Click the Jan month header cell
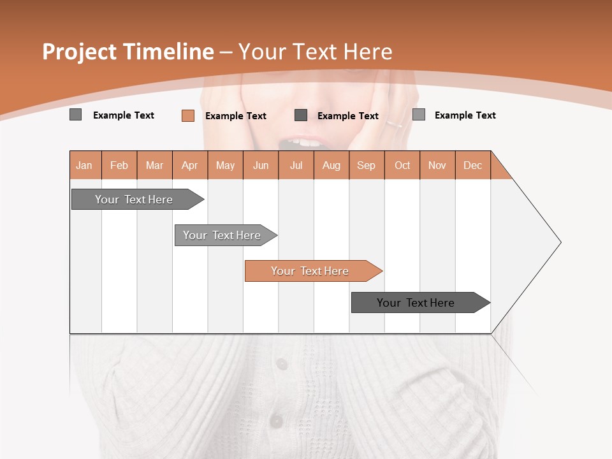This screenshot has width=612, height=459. tap(85, 165)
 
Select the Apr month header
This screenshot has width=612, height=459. tap(190, 165)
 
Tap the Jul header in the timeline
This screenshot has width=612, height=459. tap(296, 165)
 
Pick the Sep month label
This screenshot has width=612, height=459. tap(366, 165)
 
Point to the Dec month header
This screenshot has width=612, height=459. tap(472, 165)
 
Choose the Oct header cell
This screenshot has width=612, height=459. tap(402, 165)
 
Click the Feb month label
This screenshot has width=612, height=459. tap(119, 165)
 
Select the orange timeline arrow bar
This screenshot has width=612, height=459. tap(312, 271)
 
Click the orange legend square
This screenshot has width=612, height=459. tap(187, 115)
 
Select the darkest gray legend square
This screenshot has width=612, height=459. tap(301, 115)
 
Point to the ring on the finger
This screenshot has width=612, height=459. tap(394, 124)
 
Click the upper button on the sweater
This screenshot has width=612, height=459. tap(281, 363)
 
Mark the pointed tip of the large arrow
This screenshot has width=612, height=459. tap(560, 242)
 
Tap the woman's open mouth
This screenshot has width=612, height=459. tap(305, 142)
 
